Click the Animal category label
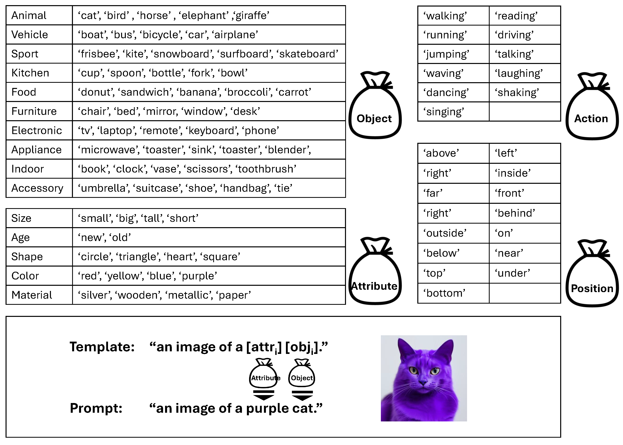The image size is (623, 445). pyautogui.click(x=29, y=16)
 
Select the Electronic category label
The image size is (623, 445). pyautogui.click(x=36, y=131)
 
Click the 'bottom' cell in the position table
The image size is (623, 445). pyautogui.click(x=444, y=293)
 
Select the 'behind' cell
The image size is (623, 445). pyautogui.click(x=515, y=213)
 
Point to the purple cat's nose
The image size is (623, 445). pyautogui.click(x=423, y=382)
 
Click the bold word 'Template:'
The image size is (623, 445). pyautogui.click(x=102, y=347)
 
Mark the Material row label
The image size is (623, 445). pyautogui.click(x=32, y=295)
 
